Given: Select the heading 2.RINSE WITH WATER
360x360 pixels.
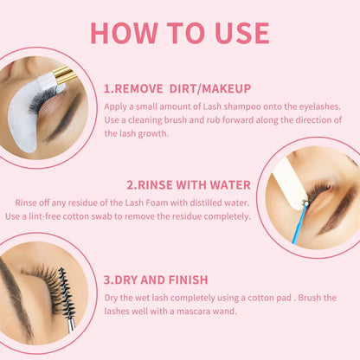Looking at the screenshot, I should (189, 184).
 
